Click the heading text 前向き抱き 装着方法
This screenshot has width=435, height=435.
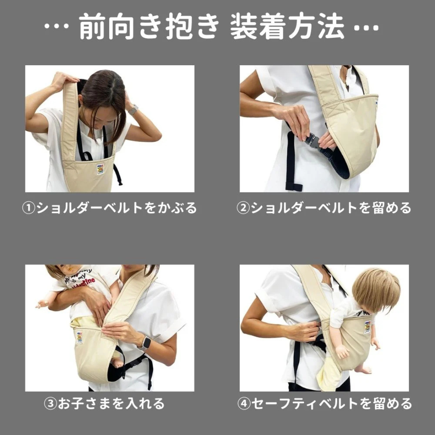tap(211, 27)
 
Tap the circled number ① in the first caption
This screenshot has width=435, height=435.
tap(29, 208)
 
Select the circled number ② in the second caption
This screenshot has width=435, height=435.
tap(243, 208)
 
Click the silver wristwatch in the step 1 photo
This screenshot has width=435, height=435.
tap(133, 110)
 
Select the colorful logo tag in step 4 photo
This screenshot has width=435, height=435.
tap(367, 327)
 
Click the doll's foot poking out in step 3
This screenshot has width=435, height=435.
tap(117, 362)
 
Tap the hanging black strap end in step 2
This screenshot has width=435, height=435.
tap(294, 186)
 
